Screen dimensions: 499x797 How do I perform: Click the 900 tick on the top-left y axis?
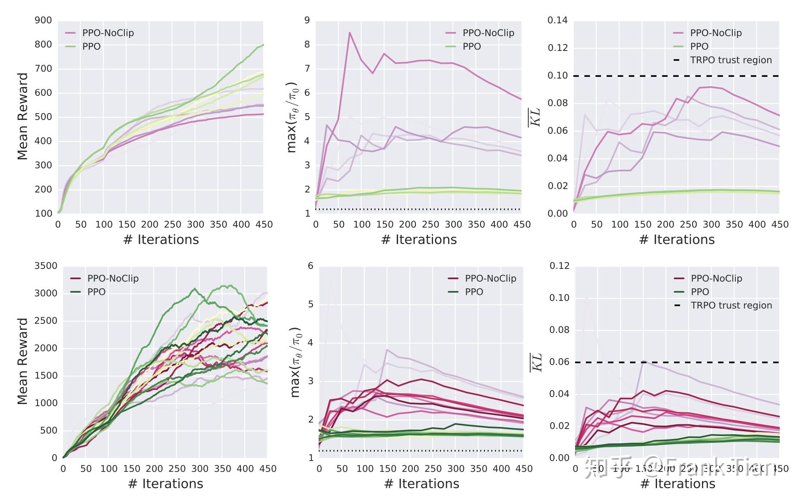click(x=43, y=20)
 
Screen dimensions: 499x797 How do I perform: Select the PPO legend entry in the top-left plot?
click(x=91, y=47)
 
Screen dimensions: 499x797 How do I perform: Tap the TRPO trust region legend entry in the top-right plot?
click(x=731, y=60)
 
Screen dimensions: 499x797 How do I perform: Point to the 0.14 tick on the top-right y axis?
click(x=557, y=20)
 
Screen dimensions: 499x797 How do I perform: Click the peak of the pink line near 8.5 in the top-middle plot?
click(x=350, y=32)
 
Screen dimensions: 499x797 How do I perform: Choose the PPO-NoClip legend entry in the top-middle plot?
click(x=488, y=33)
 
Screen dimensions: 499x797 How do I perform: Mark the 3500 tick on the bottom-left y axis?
click(x=46, y=266)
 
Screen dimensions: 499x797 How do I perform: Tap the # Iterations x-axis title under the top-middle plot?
click(x=419, y=240)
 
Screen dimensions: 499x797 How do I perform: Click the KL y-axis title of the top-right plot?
click(x=535, y=117)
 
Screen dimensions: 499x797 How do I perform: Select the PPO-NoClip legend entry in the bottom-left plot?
click(x=113, y=278)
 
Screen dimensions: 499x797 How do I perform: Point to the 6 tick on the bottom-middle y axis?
click(x=310, y=266)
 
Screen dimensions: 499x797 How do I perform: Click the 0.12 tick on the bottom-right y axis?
click(x=559, y=266)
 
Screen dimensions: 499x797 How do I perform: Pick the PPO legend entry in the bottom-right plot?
click(x=699, y=292)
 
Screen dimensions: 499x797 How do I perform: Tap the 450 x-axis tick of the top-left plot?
click(x=264, y=224)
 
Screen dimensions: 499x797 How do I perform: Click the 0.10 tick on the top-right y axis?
click(x=557, y=76)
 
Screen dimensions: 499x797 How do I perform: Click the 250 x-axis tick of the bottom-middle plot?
click(x=433, y=469)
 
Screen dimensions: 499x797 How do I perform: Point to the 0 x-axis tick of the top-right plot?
click(x=574, y=224)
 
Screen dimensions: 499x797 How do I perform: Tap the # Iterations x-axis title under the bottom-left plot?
click(x=165, y=484)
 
